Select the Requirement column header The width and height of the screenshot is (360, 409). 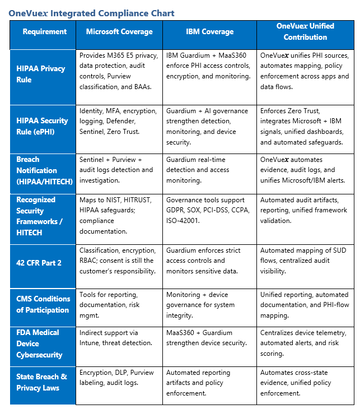[44, 32]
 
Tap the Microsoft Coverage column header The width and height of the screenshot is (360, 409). [119, 32]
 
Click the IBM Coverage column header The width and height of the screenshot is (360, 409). [209, 32]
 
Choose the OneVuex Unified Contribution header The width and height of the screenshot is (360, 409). [305, 32]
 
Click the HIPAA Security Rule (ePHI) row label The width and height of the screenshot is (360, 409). [42, 126]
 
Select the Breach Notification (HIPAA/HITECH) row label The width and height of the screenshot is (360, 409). [36, 170]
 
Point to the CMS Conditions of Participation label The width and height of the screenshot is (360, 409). [43, 304]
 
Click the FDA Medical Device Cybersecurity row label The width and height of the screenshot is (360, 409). [39, 343]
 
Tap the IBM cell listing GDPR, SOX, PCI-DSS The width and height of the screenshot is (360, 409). [209, 211]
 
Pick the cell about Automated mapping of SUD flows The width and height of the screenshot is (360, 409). [305, 261]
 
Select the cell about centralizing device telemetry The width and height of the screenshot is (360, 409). [304, 343]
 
